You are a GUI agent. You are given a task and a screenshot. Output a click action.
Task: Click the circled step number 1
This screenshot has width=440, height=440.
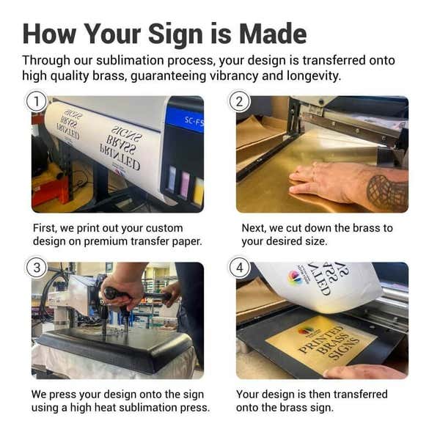37,101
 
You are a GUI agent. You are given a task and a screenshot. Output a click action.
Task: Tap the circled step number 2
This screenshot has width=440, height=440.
240,101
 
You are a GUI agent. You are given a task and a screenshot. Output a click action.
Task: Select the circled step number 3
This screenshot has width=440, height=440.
37,268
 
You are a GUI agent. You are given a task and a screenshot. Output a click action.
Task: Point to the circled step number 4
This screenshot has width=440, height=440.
240,268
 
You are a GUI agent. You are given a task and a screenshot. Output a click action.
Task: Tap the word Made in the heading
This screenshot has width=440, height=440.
273,34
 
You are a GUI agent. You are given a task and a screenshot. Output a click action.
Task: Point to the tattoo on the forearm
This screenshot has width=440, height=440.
386,193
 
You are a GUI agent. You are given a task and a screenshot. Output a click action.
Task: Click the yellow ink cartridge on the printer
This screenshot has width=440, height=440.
198,191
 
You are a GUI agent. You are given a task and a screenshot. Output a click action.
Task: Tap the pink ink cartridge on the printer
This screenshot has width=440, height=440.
186,184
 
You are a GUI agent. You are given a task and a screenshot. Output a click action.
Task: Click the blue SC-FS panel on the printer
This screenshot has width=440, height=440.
185,120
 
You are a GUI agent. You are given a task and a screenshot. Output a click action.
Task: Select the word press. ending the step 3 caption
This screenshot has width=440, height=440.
195,408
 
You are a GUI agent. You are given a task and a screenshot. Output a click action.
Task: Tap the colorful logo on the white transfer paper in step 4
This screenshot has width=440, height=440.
296,277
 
